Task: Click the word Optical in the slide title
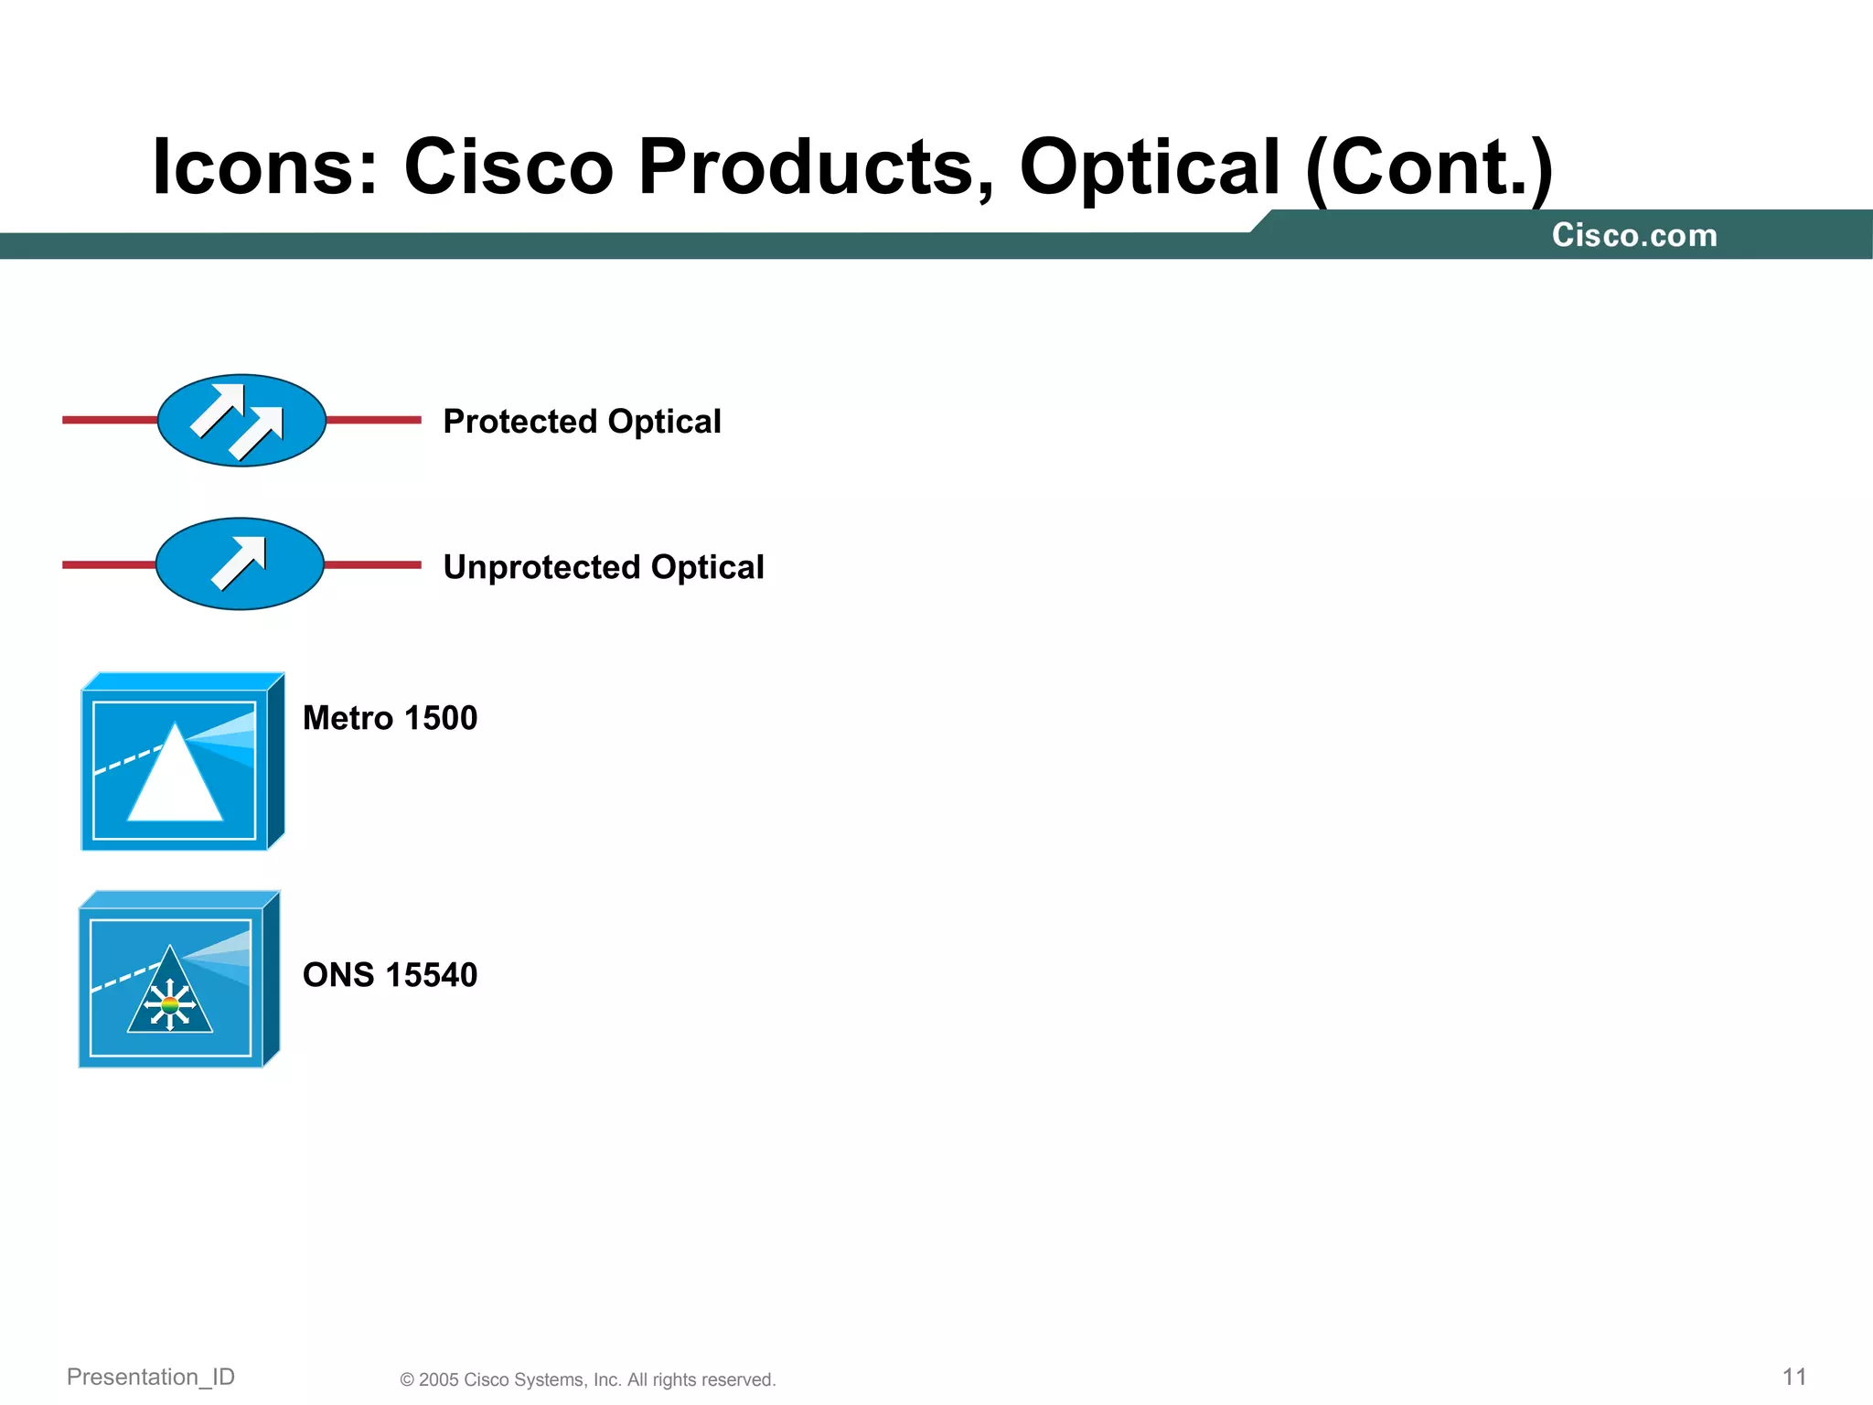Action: (x=1149, y=167)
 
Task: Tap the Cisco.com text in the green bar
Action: (x=1634, y=236)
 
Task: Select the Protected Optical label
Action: (x=582, y=422)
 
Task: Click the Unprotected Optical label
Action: (x=603, y=567)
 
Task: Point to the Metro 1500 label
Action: (x=390, y=718)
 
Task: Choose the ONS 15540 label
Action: (x=390, y=975)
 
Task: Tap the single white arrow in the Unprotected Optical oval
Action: (x=240, y=562)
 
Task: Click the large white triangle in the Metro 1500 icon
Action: (x=176, y=787)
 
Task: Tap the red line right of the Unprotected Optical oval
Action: (x=373, y=565)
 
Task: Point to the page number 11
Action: (x=1794, y=1377)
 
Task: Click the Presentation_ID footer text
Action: (x=151, y=1377)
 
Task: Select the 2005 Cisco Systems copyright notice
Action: (x=587, y=1379)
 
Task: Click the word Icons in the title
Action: (x=264, y=167)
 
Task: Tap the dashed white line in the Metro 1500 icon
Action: (x=128, y=760)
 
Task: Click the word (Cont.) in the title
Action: (x=1429, y=167)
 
